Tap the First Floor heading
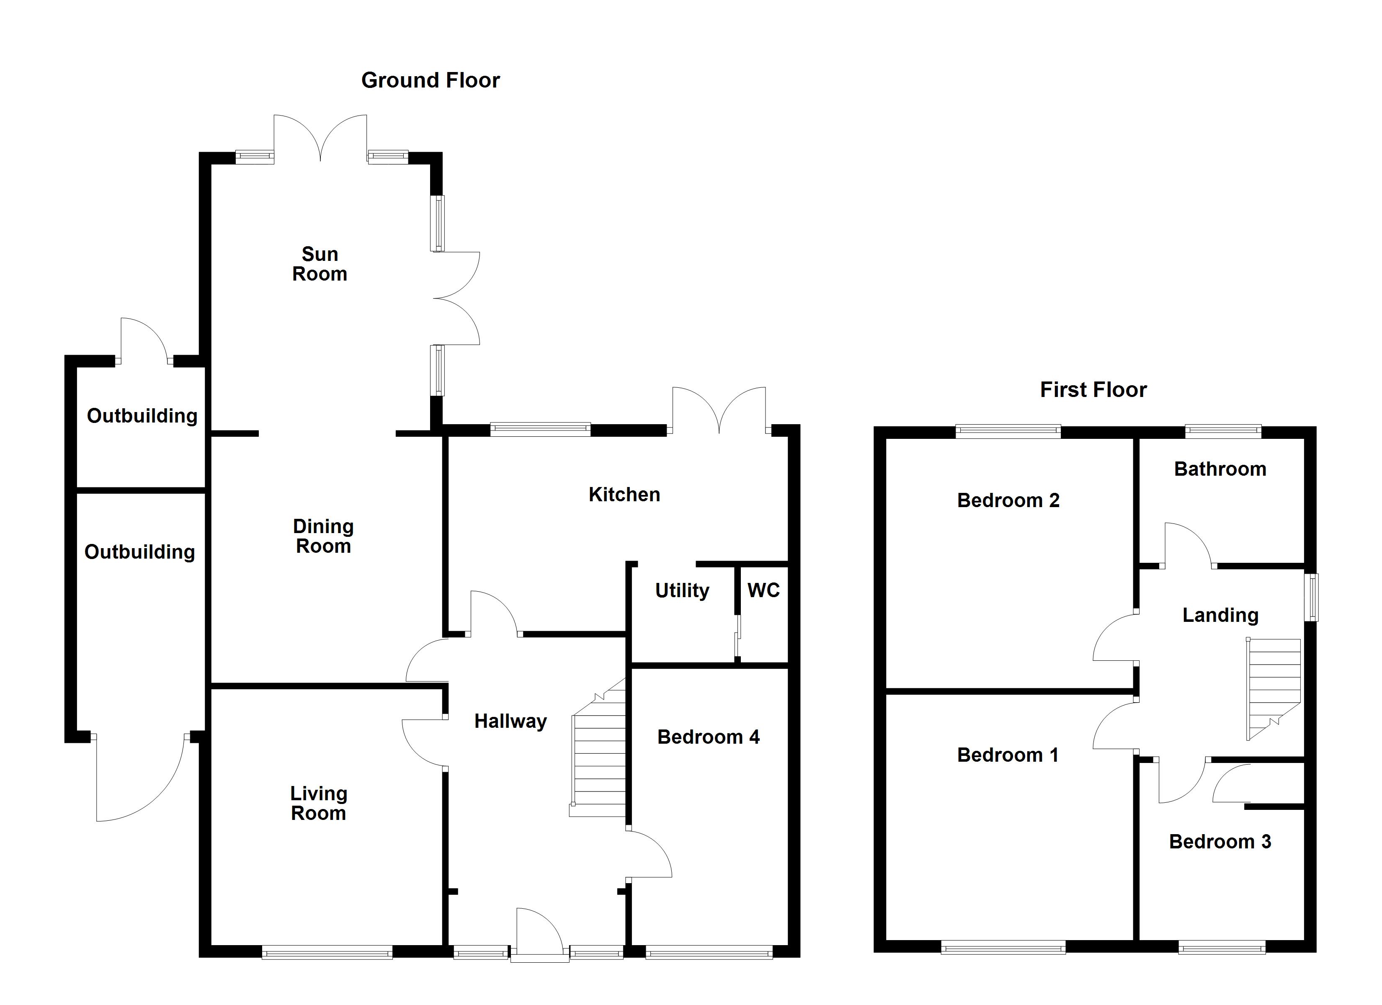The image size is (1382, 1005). click(1093, 390)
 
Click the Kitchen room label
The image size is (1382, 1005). click(624, 494)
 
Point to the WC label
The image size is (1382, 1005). click(763, 590)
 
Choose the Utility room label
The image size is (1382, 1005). click(682, 590)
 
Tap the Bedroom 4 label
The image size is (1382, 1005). click(708, 737)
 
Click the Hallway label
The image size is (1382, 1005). click(510, 722)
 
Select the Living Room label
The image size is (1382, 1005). click(318, 803)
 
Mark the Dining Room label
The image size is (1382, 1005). click(323, 536)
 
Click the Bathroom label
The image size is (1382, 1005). click(1220, 469)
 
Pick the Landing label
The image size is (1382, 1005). click(1220, 616)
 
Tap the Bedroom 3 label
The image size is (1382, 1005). click(1220, 842)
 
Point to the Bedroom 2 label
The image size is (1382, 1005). click(1008, 501)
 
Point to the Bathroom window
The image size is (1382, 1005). click(1222, 431)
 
